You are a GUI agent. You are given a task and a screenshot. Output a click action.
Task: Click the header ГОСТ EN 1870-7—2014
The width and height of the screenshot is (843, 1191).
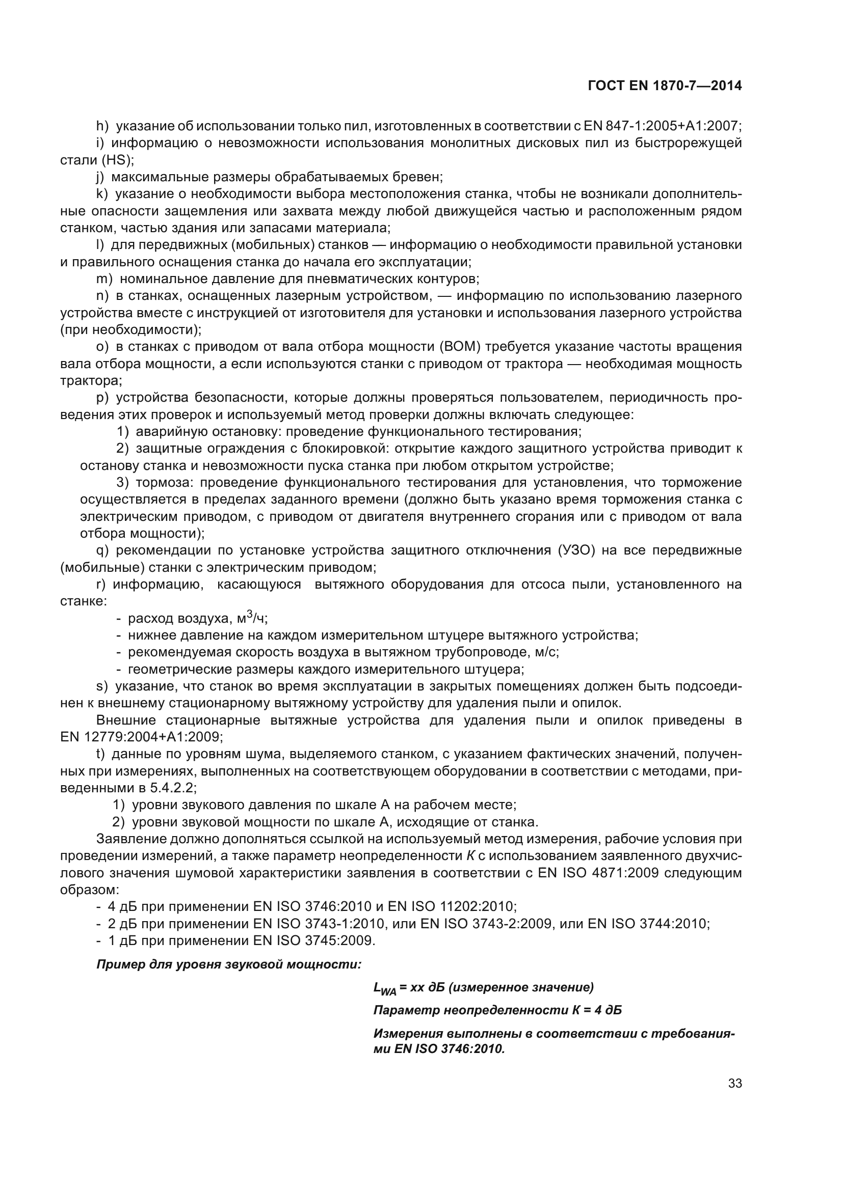point(665,86)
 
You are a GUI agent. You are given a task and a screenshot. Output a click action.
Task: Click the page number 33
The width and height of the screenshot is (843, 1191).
point(734,1084)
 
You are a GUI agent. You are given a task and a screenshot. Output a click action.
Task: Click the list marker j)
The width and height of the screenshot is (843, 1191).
point(100,177)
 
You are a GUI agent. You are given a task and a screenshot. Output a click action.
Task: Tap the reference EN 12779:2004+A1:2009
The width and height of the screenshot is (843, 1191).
point(141,737)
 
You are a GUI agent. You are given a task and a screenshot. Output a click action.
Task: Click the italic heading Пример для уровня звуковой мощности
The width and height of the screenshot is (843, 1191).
point(229,965)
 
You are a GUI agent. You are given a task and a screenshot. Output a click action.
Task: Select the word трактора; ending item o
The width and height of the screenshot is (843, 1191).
point(91,381)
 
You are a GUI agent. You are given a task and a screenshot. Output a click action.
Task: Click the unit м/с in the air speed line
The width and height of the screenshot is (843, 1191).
point(548,652)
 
